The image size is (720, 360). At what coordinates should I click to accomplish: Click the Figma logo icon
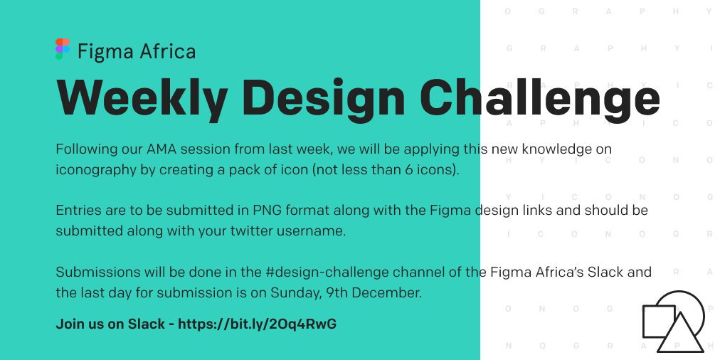pyautogui.click(x=63, y=49)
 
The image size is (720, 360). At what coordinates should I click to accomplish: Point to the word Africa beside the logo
pyautogui.click(x=168, y=51)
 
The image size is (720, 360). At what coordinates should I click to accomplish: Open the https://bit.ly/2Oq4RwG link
pyautogui.click(x=257, y=324)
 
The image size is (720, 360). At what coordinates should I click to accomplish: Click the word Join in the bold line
pyautogui.click(x=70, y=324)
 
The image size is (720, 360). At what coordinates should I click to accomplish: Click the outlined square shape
pyautogui.click(x=659, y=321)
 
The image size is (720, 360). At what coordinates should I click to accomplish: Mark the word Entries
pyautogui.click(x=79, y=211)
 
